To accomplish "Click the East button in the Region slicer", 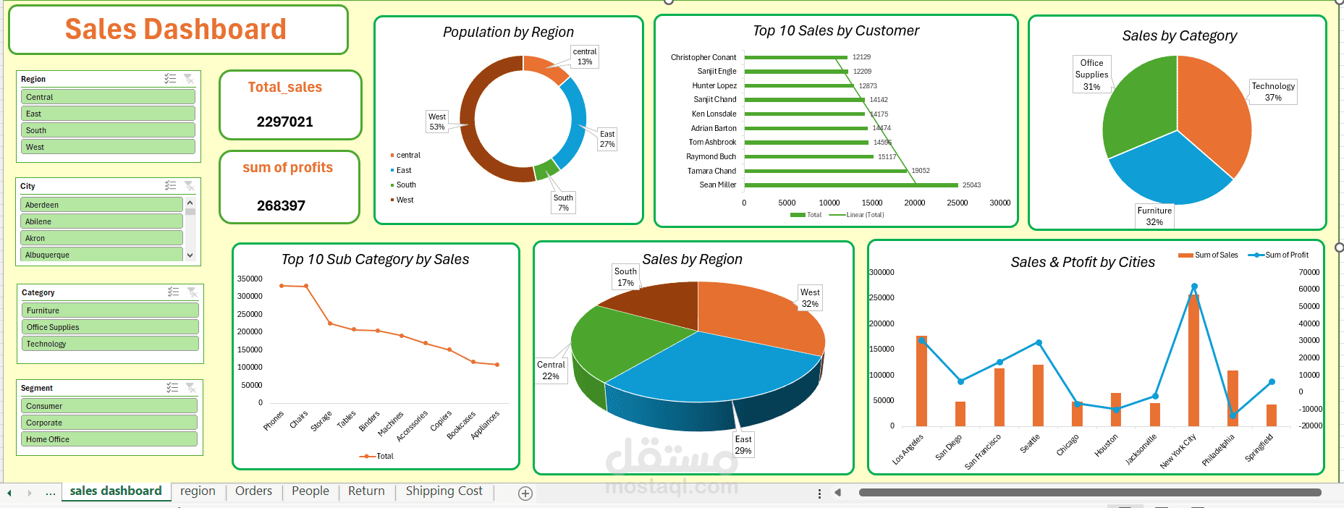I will (109, 114).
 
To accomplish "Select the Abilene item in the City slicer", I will (101, 221).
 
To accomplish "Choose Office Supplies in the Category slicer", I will (110, 327).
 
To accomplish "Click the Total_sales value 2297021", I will (285, 122).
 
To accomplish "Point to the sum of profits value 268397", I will (281, 206).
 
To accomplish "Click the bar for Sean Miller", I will (850, 185).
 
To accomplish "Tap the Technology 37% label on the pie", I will (1273, 92).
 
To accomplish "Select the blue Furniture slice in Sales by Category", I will (1169, 174).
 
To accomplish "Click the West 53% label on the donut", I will (437, 122).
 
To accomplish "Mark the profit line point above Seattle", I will (1039, 342).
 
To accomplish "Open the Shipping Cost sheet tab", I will (444, 491).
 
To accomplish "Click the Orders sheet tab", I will (253, 491).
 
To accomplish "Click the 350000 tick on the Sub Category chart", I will (250, 279).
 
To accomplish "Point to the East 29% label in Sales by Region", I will (743, 445).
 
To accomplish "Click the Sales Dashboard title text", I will (176, 30).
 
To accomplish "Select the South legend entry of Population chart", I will (405, 185).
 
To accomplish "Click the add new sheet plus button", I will (525, 494).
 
